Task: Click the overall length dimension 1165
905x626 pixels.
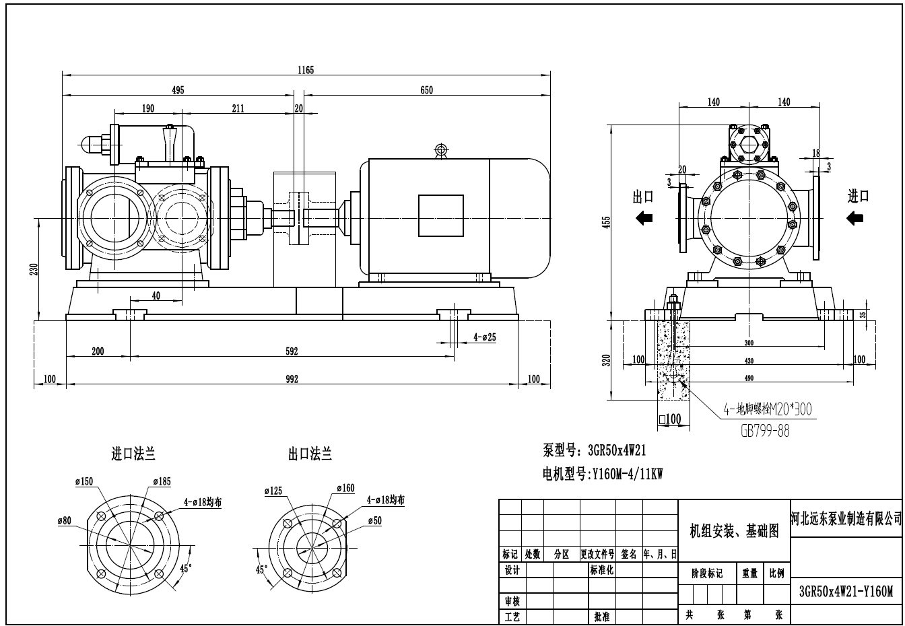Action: [x=306, y=69]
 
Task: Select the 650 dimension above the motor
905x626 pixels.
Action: [x=426, y=90]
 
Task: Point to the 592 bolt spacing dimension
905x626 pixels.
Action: [x=291, y=351]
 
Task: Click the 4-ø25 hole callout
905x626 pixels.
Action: [x=484, y=337]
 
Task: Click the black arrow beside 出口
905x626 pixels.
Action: [x=644, y=217]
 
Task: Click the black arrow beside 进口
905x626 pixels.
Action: [x=856, y=217]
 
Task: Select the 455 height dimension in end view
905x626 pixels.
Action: [x=607, y=221]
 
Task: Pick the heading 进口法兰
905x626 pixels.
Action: [x=133, y=454]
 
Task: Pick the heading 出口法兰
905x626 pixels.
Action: [x=310, y=454]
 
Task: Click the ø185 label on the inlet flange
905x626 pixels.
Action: [x=162, y=481]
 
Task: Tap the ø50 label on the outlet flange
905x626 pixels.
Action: [x=375, y=520]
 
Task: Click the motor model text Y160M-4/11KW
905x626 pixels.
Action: [x=626, y=475]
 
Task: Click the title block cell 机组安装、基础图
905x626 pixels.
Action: [x=733, y=532]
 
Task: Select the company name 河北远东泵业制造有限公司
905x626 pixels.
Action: [x=846, y=518]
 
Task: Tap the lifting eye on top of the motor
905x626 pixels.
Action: [x=441, y=149]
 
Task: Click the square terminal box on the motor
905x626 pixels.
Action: [x=441, y=215]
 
